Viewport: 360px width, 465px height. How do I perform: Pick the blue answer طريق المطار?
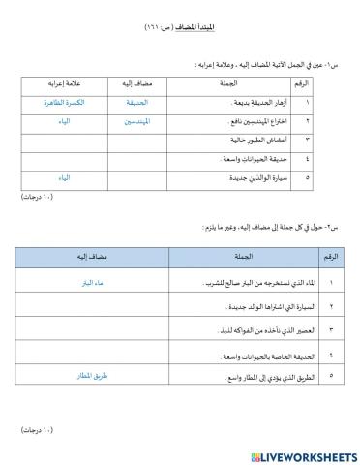click(x=87, y=382)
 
